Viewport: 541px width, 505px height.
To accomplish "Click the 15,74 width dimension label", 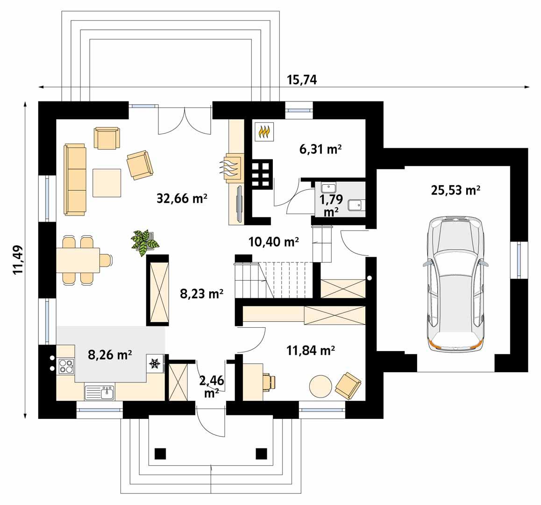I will coord(302,80).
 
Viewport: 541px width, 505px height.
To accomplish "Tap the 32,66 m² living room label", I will coord(181,198).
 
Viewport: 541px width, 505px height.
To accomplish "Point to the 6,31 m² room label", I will coord(320,149).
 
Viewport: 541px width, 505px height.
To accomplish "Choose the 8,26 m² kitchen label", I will coord(109,354).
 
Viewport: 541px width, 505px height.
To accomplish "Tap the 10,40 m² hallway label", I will coord(274,242).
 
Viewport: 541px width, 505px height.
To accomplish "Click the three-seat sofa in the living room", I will coord(75,180).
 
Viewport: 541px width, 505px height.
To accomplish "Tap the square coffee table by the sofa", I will coord(107,183).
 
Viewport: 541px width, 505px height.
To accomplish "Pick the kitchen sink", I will coord(100,392).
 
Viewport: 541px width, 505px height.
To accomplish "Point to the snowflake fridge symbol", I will coord(155,363).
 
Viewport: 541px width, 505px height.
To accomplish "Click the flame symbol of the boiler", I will coord(264,132).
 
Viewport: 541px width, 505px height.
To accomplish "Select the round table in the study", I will coord(320,386).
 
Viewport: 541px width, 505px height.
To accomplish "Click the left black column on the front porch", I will coord(160,453).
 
